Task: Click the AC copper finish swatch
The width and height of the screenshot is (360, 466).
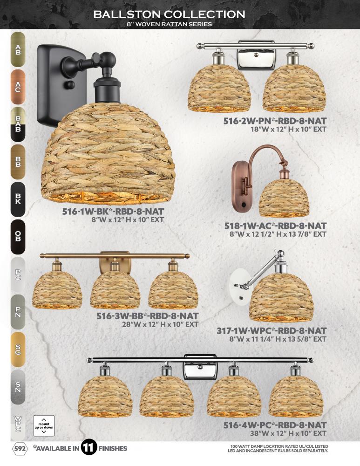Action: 18,87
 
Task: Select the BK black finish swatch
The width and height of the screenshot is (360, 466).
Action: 18,199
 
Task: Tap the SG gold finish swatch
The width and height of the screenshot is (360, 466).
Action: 18,349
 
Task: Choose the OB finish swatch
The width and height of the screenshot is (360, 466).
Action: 18,237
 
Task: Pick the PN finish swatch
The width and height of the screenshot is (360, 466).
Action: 18,312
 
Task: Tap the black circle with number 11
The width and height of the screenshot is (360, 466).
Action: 89,447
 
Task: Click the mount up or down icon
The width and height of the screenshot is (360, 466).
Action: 44,425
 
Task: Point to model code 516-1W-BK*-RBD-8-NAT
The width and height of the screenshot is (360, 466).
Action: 113,211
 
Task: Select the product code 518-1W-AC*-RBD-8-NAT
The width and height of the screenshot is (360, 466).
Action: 275,226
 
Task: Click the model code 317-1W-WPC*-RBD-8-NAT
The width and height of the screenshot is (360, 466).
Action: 272,330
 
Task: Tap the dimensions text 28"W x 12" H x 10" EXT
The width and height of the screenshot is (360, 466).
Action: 160,324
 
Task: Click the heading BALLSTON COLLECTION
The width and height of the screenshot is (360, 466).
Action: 170,14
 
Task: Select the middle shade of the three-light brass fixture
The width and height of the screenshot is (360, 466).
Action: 115,289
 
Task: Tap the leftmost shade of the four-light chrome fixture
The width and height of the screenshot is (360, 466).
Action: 105,396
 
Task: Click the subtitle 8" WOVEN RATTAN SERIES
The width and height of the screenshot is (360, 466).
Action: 170,24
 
